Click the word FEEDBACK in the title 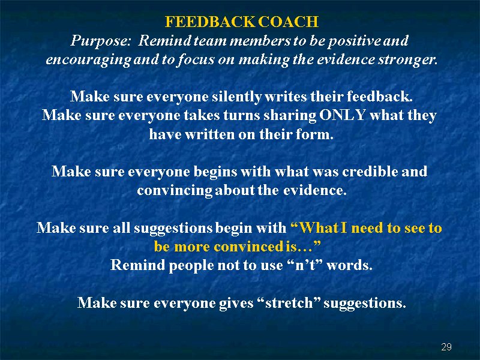pyautogui.click(x=209, y=22)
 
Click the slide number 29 pyautogui.click(x=446, y=347)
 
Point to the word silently pyautogui.click(x=236, y=97)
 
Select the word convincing pyautogui.click(x=175, y=191)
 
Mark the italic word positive pyautogui.click(x=353, y=41)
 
